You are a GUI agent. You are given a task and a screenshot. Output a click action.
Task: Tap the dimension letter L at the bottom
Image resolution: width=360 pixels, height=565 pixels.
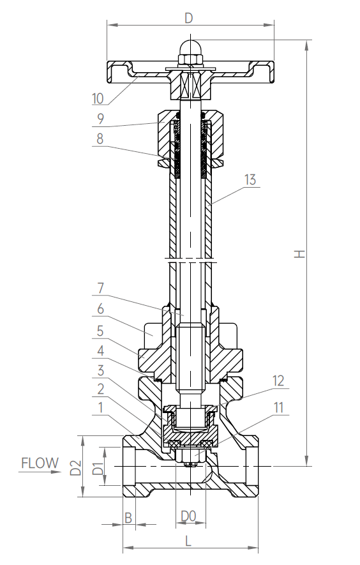(189, 540)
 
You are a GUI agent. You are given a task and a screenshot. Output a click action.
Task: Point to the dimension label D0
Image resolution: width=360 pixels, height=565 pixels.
(188, 515)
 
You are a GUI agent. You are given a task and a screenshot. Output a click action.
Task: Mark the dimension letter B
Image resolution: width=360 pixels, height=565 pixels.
(128, 516)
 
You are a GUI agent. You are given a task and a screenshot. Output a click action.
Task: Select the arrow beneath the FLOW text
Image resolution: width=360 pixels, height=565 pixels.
(40, 473)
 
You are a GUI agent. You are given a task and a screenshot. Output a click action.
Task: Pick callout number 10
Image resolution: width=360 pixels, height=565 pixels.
(98, 98)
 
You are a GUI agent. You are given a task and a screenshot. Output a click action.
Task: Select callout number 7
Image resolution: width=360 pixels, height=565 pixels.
(100, 288)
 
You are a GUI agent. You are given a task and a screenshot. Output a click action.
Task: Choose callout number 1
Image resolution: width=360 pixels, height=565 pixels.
(100, 405)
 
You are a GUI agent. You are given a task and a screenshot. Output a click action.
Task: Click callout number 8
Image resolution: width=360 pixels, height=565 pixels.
(100, 139)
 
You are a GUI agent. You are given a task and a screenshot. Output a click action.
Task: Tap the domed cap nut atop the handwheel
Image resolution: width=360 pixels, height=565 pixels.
(190, 48)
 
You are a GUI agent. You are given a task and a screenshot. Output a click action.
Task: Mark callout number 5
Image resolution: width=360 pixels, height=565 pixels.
(100, 331)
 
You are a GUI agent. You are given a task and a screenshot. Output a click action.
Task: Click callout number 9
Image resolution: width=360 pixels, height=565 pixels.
(100, 118)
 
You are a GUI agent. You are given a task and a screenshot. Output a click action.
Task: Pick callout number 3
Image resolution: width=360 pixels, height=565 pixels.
(100, 369)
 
